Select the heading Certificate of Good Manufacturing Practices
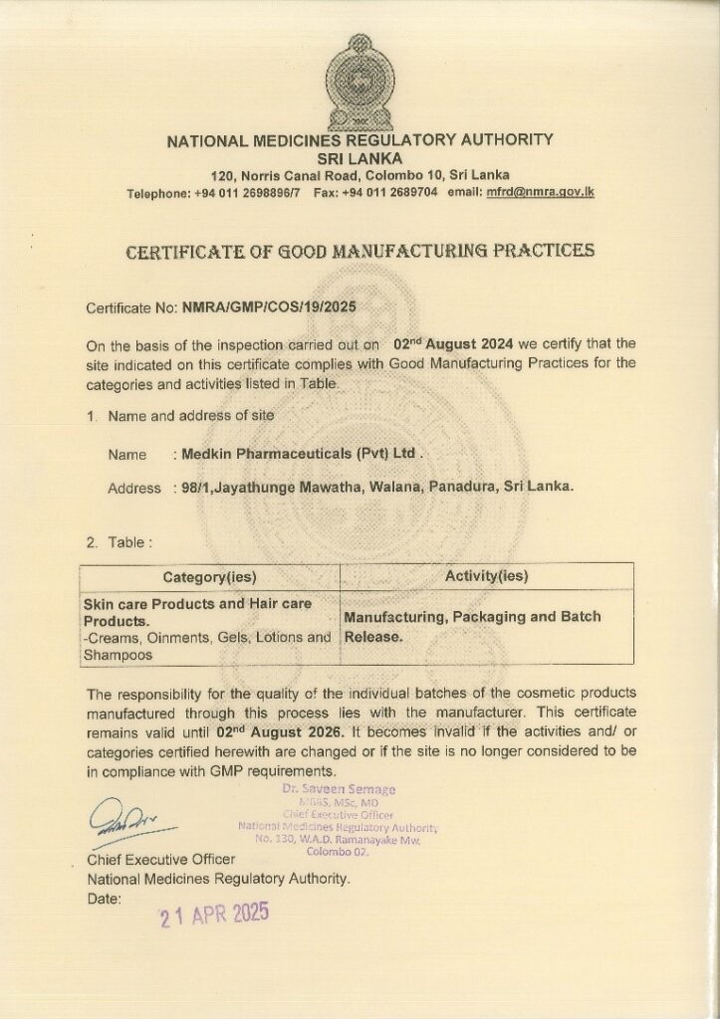point(360,251)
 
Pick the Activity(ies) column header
point(487,576)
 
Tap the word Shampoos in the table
point(118,656)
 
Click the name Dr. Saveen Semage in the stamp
point(338,790)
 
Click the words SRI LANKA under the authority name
point(360,158)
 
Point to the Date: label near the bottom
point(104,899)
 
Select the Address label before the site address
point(133,489)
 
